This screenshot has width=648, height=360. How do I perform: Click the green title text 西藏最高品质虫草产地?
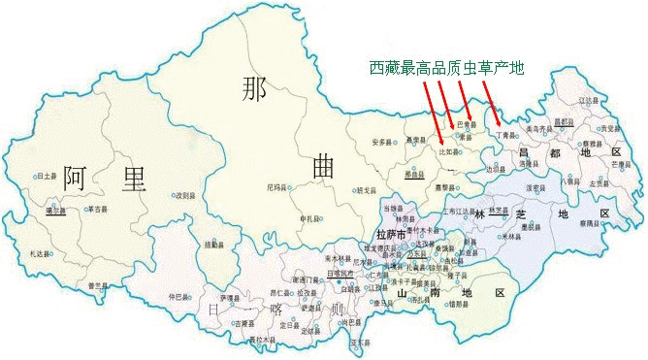click(x=445, y=68)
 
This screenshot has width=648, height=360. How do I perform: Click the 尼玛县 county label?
click(x=276, y=186)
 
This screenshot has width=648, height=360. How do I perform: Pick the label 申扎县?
click(x=310, y=216)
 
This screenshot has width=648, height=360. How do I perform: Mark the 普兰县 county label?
click(x=96, y=284)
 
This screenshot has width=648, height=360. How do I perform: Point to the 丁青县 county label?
click(x=510, y=135)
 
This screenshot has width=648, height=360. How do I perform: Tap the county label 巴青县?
click(x=470, y=124)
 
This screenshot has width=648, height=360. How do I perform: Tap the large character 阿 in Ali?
click(x=78, y=180)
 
